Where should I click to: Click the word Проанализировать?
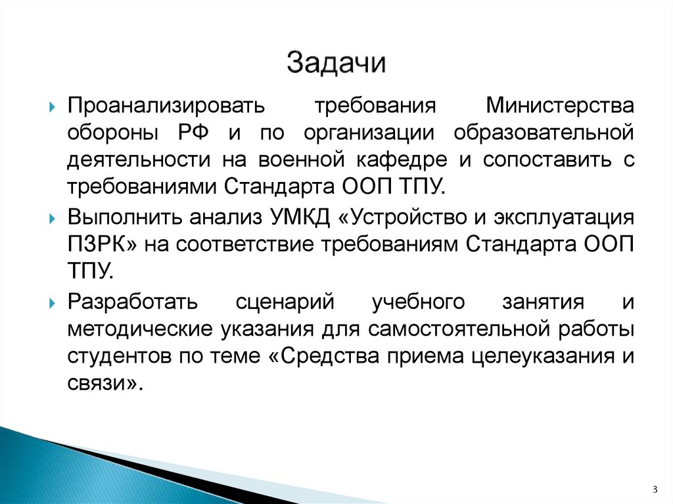(x=166, y=106)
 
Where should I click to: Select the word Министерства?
(x=559, y=106)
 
